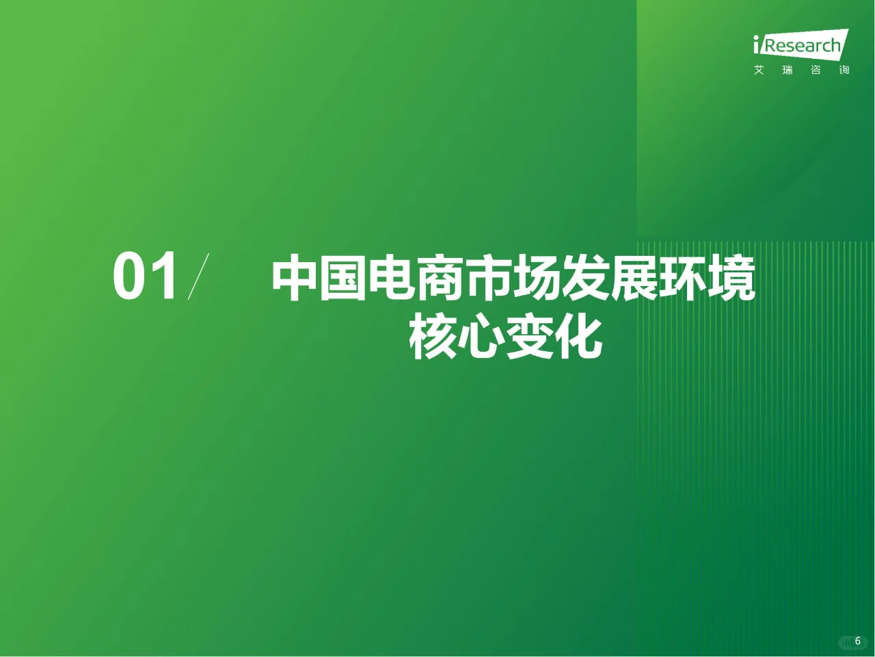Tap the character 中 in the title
point(295,279)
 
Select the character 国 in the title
point(344,279)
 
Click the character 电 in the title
point(392,279)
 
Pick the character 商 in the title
point(441,279)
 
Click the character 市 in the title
point(489,279)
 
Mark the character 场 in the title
point(538,279)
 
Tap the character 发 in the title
point(587,279)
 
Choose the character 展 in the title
point(635,279)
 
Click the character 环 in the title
point(684,279)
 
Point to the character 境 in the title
point(732,279)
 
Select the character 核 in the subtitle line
point(433,337)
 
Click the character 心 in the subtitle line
point(481,337)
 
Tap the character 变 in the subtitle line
point(530,337)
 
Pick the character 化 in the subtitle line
point(578,337)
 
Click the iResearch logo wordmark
point(800,45)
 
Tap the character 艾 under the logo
point(759,70)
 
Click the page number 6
point(858,641)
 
